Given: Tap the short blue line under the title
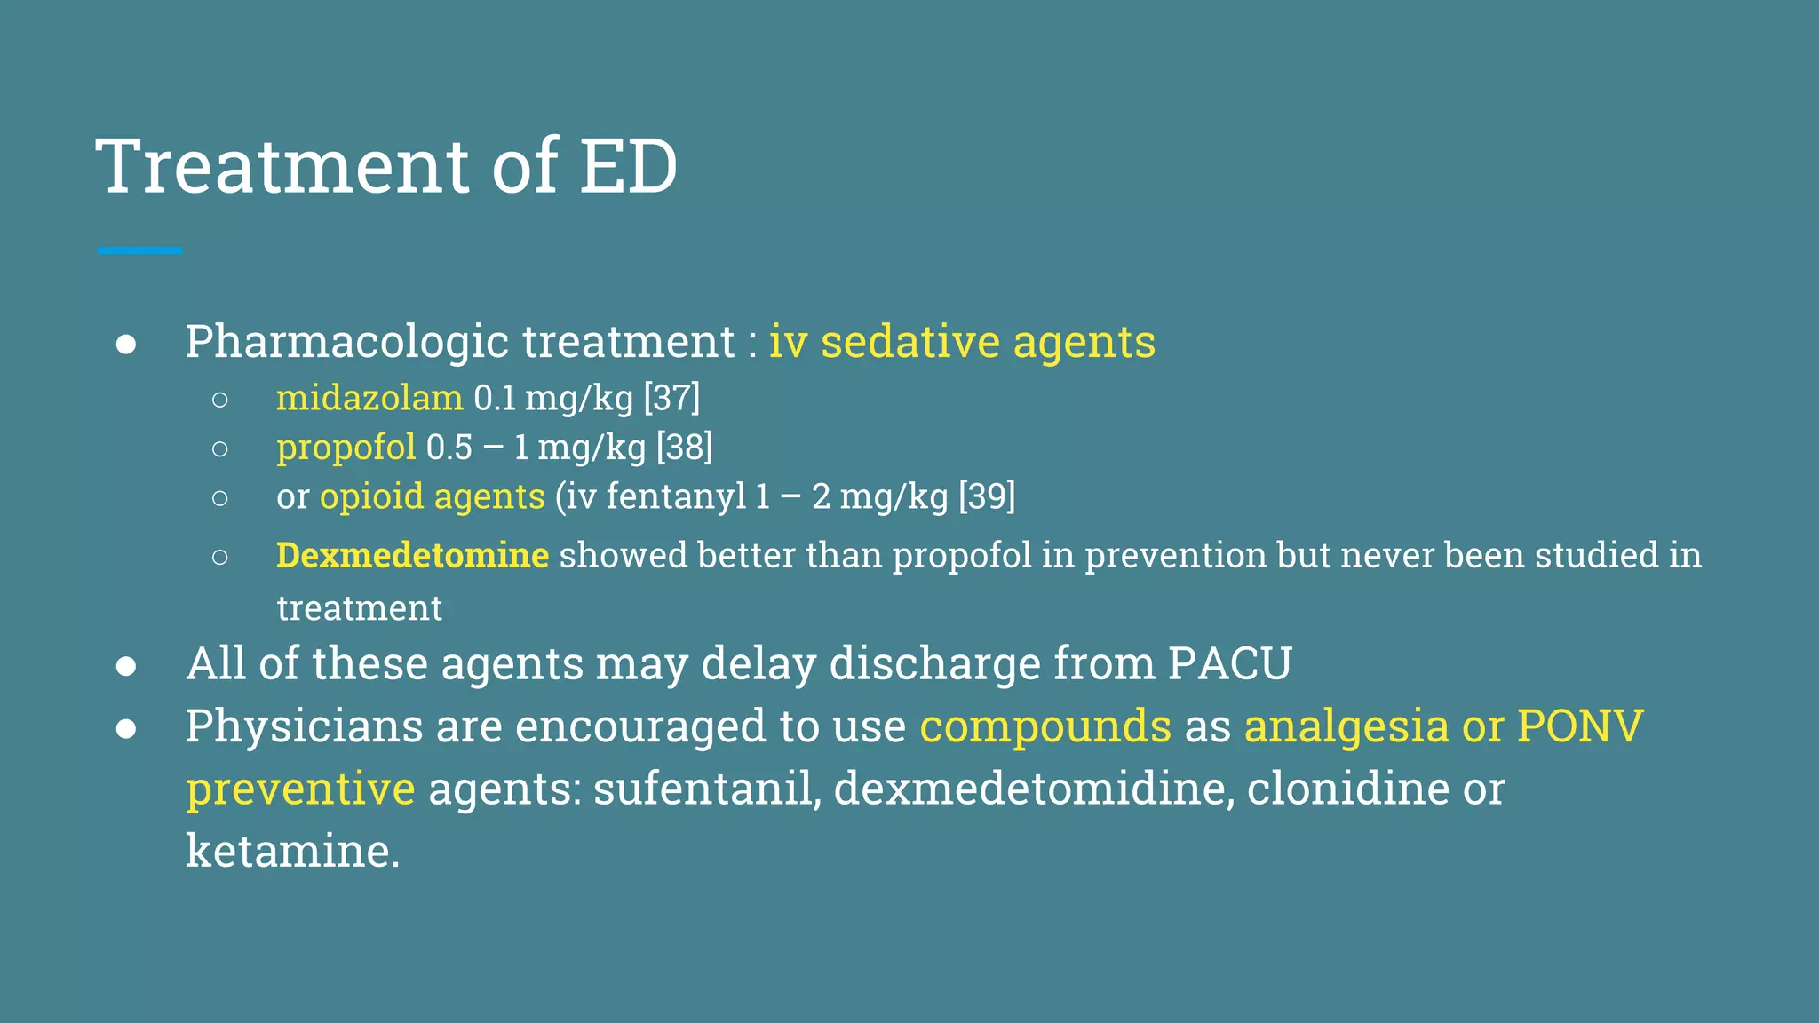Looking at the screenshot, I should point(139,251).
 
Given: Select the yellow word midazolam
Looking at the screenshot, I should point(369,398).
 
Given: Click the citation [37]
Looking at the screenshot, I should point(671,398).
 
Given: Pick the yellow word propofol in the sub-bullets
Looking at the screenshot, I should point(346,448).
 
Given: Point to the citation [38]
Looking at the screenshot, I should point(684,448).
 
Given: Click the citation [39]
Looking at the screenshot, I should point(987,496).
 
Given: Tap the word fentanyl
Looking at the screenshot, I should point(676,496).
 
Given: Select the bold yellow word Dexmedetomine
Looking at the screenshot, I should point(412,556).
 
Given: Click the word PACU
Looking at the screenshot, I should point(1229,664).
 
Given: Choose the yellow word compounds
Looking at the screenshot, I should point(1045,726).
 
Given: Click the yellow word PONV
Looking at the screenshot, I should point(1580,726).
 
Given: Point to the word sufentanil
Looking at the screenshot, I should point(707,789).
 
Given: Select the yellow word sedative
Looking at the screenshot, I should point(910,343).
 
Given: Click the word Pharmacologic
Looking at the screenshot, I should point(347,343).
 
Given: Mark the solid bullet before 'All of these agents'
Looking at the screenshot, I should point(126,666).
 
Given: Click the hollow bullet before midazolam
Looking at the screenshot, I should point(220,400).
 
